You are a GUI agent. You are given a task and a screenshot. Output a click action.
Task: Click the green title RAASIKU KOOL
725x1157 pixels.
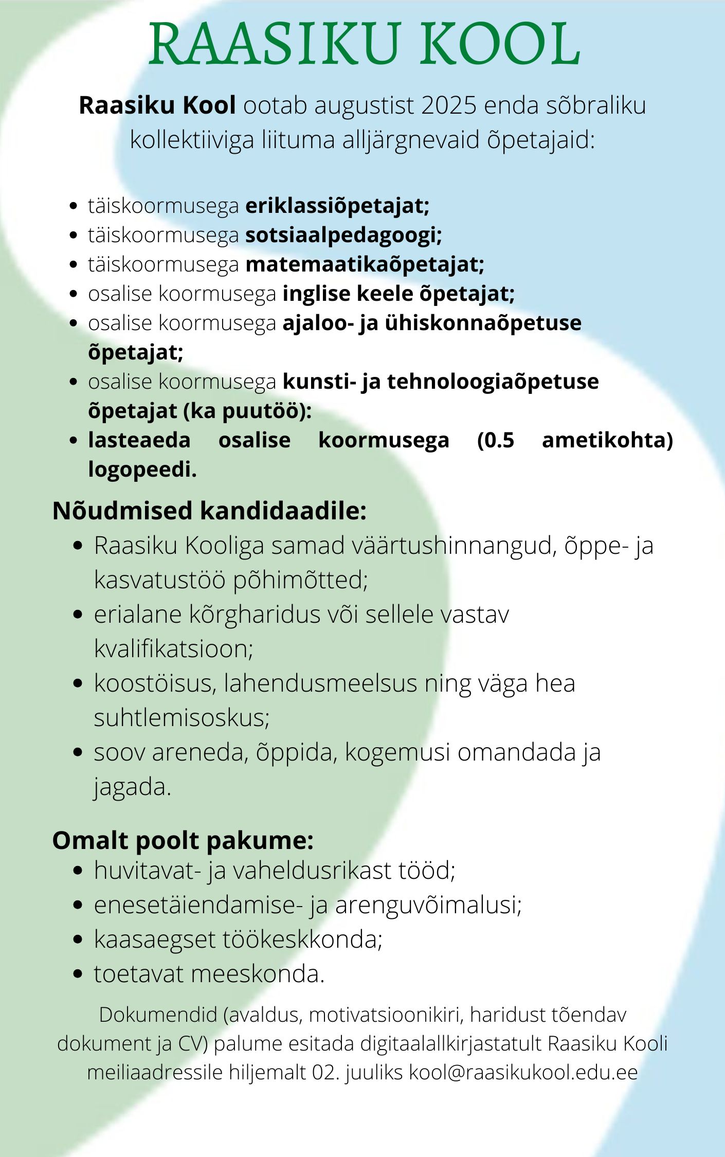tap(364, 44)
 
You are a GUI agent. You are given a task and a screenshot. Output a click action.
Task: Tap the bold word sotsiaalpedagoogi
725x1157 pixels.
tap(342, 235)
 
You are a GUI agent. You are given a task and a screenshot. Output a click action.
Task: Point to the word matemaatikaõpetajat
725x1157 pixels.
tap(364, 264)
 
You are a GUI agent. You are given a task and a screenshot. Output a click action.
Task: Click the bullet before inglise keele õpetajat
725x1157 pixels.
tap(74, 294)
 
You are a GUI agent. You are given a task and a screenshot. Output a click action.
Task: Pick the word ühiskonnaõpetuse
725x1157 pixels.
tap(483, 323)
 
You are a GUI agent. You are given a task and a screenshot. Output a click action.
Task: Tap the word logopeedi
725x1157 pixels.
tap(141, 469)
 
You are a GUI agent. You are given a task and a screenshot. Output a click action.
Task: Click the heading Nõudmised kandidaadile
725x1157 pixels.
tap(209, 511)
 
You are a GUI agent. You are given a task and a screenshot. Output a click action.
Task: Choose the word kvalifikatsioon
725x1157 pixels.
tap(173, 649)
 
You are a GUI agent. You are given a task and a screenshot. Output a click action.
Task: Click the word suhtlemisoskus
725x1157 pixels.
tap(181, 718)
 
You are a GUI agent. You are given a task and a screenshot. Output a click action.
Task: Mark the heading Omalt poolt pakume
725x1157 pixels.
tap(183, 841)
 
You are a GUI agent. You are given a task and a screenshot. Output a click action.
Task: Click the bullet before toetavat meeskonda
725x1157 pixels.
tap(78, 974)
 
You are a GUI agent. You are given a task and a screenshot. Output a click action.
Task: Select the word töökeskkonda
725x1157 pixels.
tap(302, 939)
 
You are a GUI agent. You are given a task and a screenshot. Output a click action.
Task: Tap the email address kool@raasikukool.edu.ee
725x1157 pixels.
tap(523, 1073)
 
